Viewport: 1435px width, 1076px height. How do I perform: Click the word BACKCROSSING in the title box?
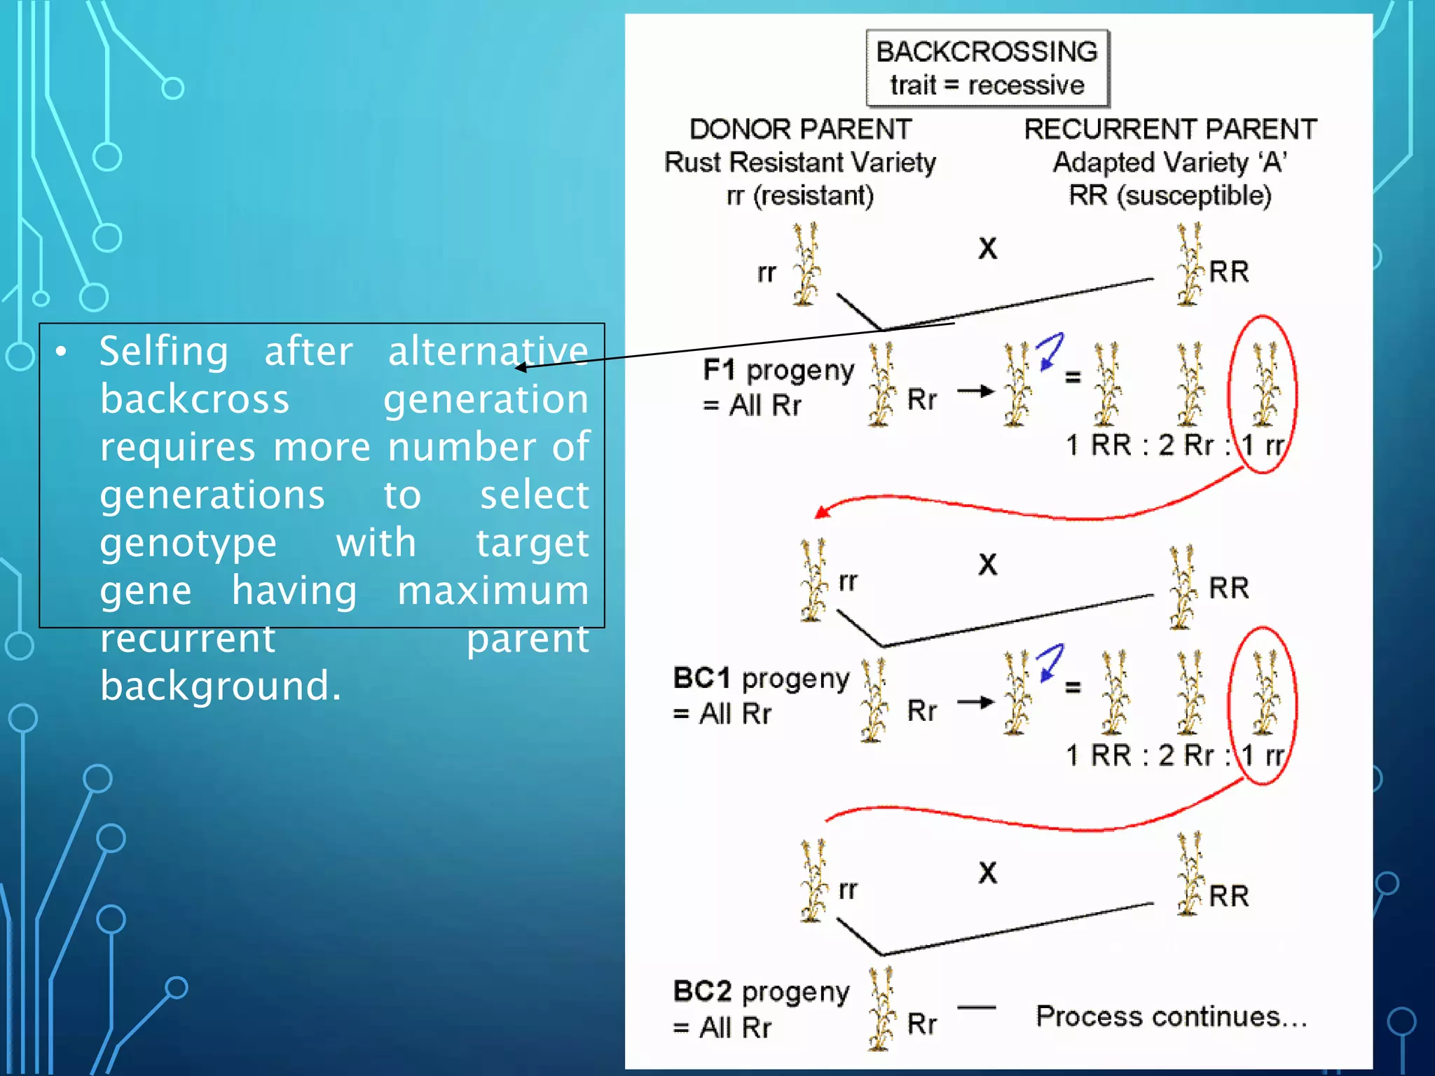pyautogui.click(x=987, y=52)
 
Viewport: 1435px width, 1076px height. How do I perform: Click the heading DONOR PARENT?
pyautogui.click(x=800, y=130)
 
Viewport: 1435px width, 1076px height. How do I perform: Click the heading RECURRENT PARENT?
pyautogui.click(x=1170, y=130)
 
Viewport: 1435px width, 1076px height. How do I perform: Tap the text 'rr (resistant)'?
pyautogui.click(x=800, y=195)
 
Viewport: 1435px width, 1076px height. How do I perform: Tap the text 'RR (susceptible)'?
pyautogui.click(x=1170, y=195)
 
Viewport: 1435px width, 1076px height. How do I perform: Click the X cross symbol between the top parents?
pyautogui.click(x=987, y=249)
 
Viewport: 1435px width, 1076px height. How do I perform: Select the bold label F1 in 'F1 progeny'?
pyautogui.click(x=720, y=369)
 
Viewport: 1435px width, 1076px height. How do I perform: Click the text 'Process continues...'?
pyautogui.click(x=1172, y=1016)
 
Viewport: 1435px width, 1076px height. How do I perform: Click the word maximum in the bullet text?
pyautogui.click(x=493, y=591)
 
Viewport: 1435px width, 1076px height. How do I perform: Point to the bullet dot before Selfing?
pyautogui.click(x=62, y=352)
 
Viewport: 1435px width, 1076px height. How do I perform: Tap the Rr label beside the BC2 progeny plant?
pyautogui.click(x=921, y=1024)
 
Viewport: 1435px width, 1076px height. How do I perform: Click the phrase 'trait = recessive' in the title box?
pyautogui.click(x=987, y=85)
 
